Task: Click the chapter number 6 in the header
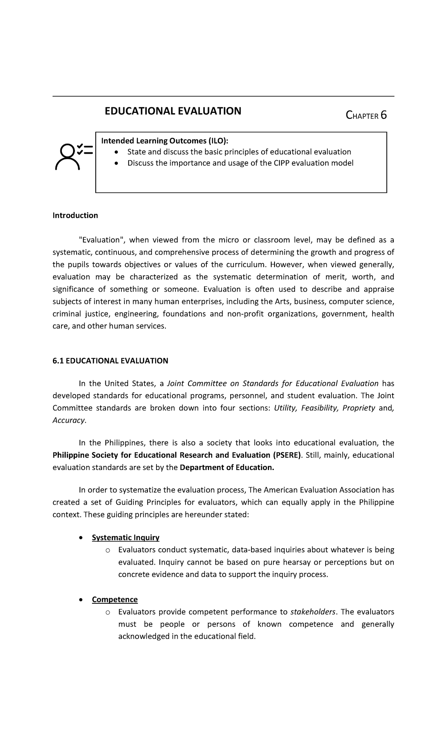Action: coord(383,115)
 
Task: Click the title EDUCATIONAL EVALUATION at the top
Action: coord(173,111)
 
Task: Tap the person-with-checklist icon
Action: coord(73,156)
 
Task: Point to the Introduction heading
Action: coord(75,215)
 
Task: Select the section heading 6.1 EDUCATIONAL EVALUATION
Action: coord(110,361)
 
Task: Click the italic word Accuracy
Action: coord(69,420)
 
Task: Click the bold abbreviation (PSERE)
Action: coord(288,455)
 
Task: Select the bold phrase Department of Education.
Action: coord(226,467)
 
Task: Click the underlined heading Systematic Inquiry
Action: coord(126,537)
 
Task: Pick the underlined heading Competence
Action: coord(115,599)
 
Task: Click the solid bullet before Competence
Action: coord(81,600)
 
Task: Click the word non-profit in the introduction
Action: coord(245,314)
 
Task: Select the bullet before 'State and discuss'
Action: coord(117,152)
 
